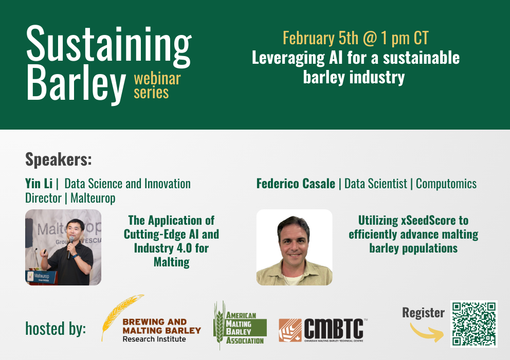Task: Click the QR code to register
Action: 474,324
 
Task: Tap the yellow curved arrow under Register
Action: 427,334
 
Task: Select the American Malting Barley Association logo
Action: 240,325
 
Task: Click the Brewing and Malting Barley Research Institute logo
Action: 151,319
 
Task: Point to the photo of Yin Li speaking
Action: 63,247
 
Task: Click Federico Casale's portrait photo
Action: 295,247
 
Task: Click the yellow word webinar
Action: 157,79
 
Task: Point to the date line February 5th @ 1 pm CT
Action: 355,38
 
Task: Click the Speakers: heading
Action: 59,159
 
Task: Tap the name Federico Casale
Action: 296,184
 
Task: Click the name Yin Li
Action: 39,184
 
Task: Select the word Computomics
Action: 446,184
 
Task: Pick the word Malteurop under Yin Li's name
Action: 93,198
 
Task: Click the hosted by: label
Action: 56,329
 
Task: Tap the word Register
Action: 423,313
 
